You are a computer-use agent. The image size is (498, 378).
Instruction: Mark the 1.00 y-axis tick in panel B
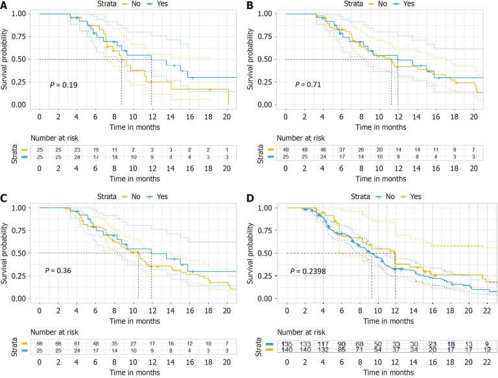270,14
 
